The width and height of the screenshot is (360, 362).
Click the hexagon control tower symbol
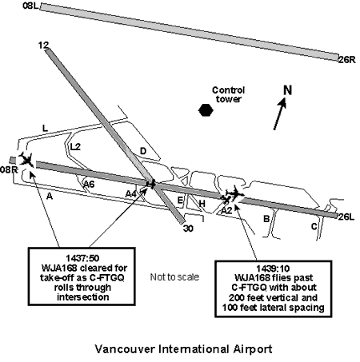(x=206, y=110)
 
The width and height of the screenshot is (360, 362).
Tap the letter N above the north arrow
(x=287, y=90)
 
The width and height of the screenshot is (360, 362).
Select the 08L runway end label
(x=30, y=6)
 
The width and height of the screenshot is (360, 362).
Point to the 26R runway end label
(x=347, y=60)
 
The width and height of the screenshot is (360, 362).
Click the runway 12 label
(x=43, y=46)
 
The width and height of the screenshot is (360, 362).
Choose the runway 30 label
(x=188, y=229)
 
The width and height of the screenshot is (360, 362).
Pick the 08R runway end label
(x=9, y=169)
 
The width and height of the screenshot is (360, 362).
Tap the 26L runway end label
(x=346, y=217)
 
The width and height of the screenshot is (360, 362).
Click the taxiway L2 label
(x=75, y=147)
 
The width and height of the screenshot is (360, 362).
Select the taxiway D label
(x=143, y=151)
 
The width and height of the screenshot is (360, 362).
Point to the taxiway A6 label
(x=89, y=184)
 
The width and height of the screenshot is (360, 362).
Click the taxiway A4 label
(x=131, y=194)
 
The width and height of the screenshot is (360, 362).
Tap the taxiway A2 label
(x=226, y=211)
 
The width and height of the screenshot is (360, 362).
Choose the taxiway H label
(x=202, y=204)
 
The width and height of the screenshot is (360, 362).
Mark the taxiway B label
(x=266, y=219)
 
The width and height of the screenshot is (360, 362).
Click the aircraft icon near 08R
(x=26, y=160)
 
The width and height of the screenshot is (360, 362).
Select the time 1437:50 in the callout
(x=82, y=258)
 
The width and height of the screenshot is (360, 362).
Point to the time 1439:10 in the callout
(x=273, y=269)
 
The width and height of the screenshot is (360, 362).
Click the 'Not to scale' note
(x=174, y=277)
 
